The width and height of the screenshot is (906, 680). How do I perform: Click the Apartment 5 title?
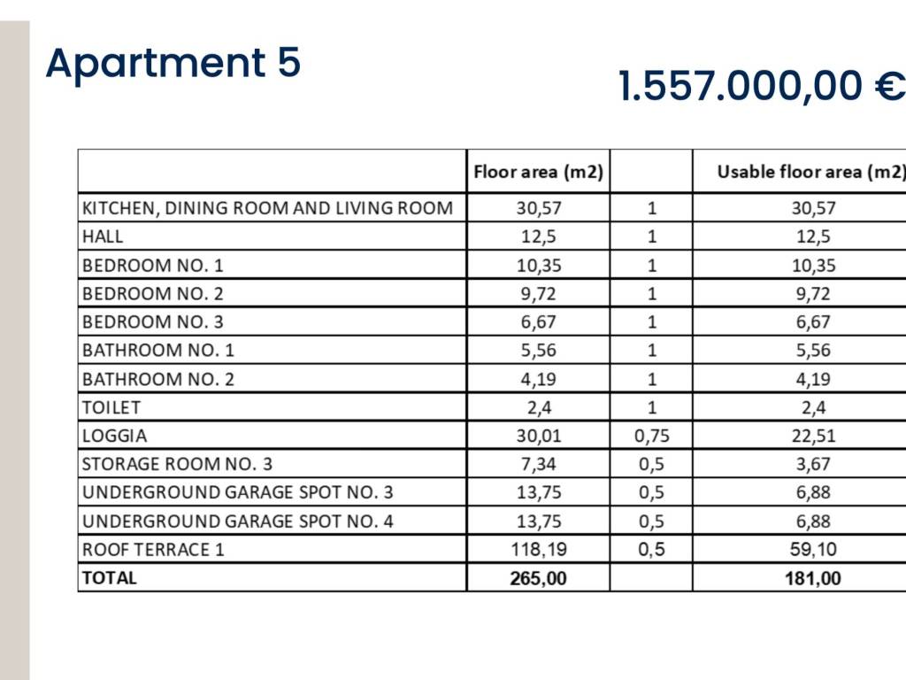tap(173, 64)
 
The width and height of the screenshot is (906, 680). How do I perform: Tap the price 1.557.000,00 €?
tap(761, 87)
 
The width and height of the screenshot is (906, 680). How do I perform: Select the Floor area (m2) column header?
tap(538, 172)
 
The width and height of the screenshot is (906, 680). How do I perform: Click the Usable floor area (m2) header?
tap(810, 172)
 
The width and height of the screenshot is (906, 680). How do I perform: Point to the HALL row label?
tap(103, 236)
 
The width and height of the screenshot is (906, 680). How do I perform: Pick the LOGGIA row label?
tap(115, 436)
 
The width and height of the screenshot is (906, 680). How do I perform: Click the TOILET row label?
tap(111, 407)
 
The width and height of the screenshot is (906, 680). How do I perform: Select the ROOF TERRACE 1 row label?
tap(153, 549)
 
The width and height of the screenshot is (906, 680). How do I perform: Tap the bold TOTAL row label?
tap(110, 578)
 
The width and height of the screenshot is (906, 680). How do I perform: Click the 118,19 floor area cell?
tap(538, 549)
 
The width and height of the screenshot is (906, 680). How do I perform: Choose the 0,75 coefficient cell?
tap(651, 436)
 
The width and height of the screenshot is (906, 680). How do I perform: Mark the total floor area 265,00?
tap(538, 578)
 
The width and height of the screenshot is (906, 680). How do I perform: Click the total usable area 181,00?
tap(813, 578)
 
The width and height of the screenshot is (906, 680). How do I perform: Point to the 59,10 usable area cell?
tap(813, 549)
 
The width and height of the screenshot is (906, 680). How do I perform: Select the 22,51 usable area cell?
tap(813, 436)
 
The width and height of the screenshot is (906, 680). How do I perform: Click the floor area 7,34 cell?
tap(538, 464)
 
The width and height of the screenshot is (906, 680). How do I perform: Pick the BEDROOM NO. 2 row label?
tap(153, 293)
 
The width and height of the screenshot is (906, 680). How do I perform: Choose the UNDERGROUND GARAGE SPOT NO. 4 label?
tap(237, 521)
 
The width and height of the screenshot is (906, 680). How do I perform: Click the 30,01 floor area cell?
tap(538, 436)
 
